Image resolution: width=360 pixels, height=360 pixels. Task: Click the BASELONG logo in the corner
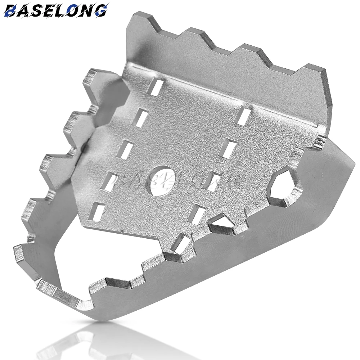[56, 10]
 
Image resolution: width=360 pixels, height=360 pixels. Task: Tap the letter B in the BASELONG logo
[11, 11]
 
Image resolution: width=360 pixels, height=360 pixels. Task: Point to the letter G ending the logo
[100, 10]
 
